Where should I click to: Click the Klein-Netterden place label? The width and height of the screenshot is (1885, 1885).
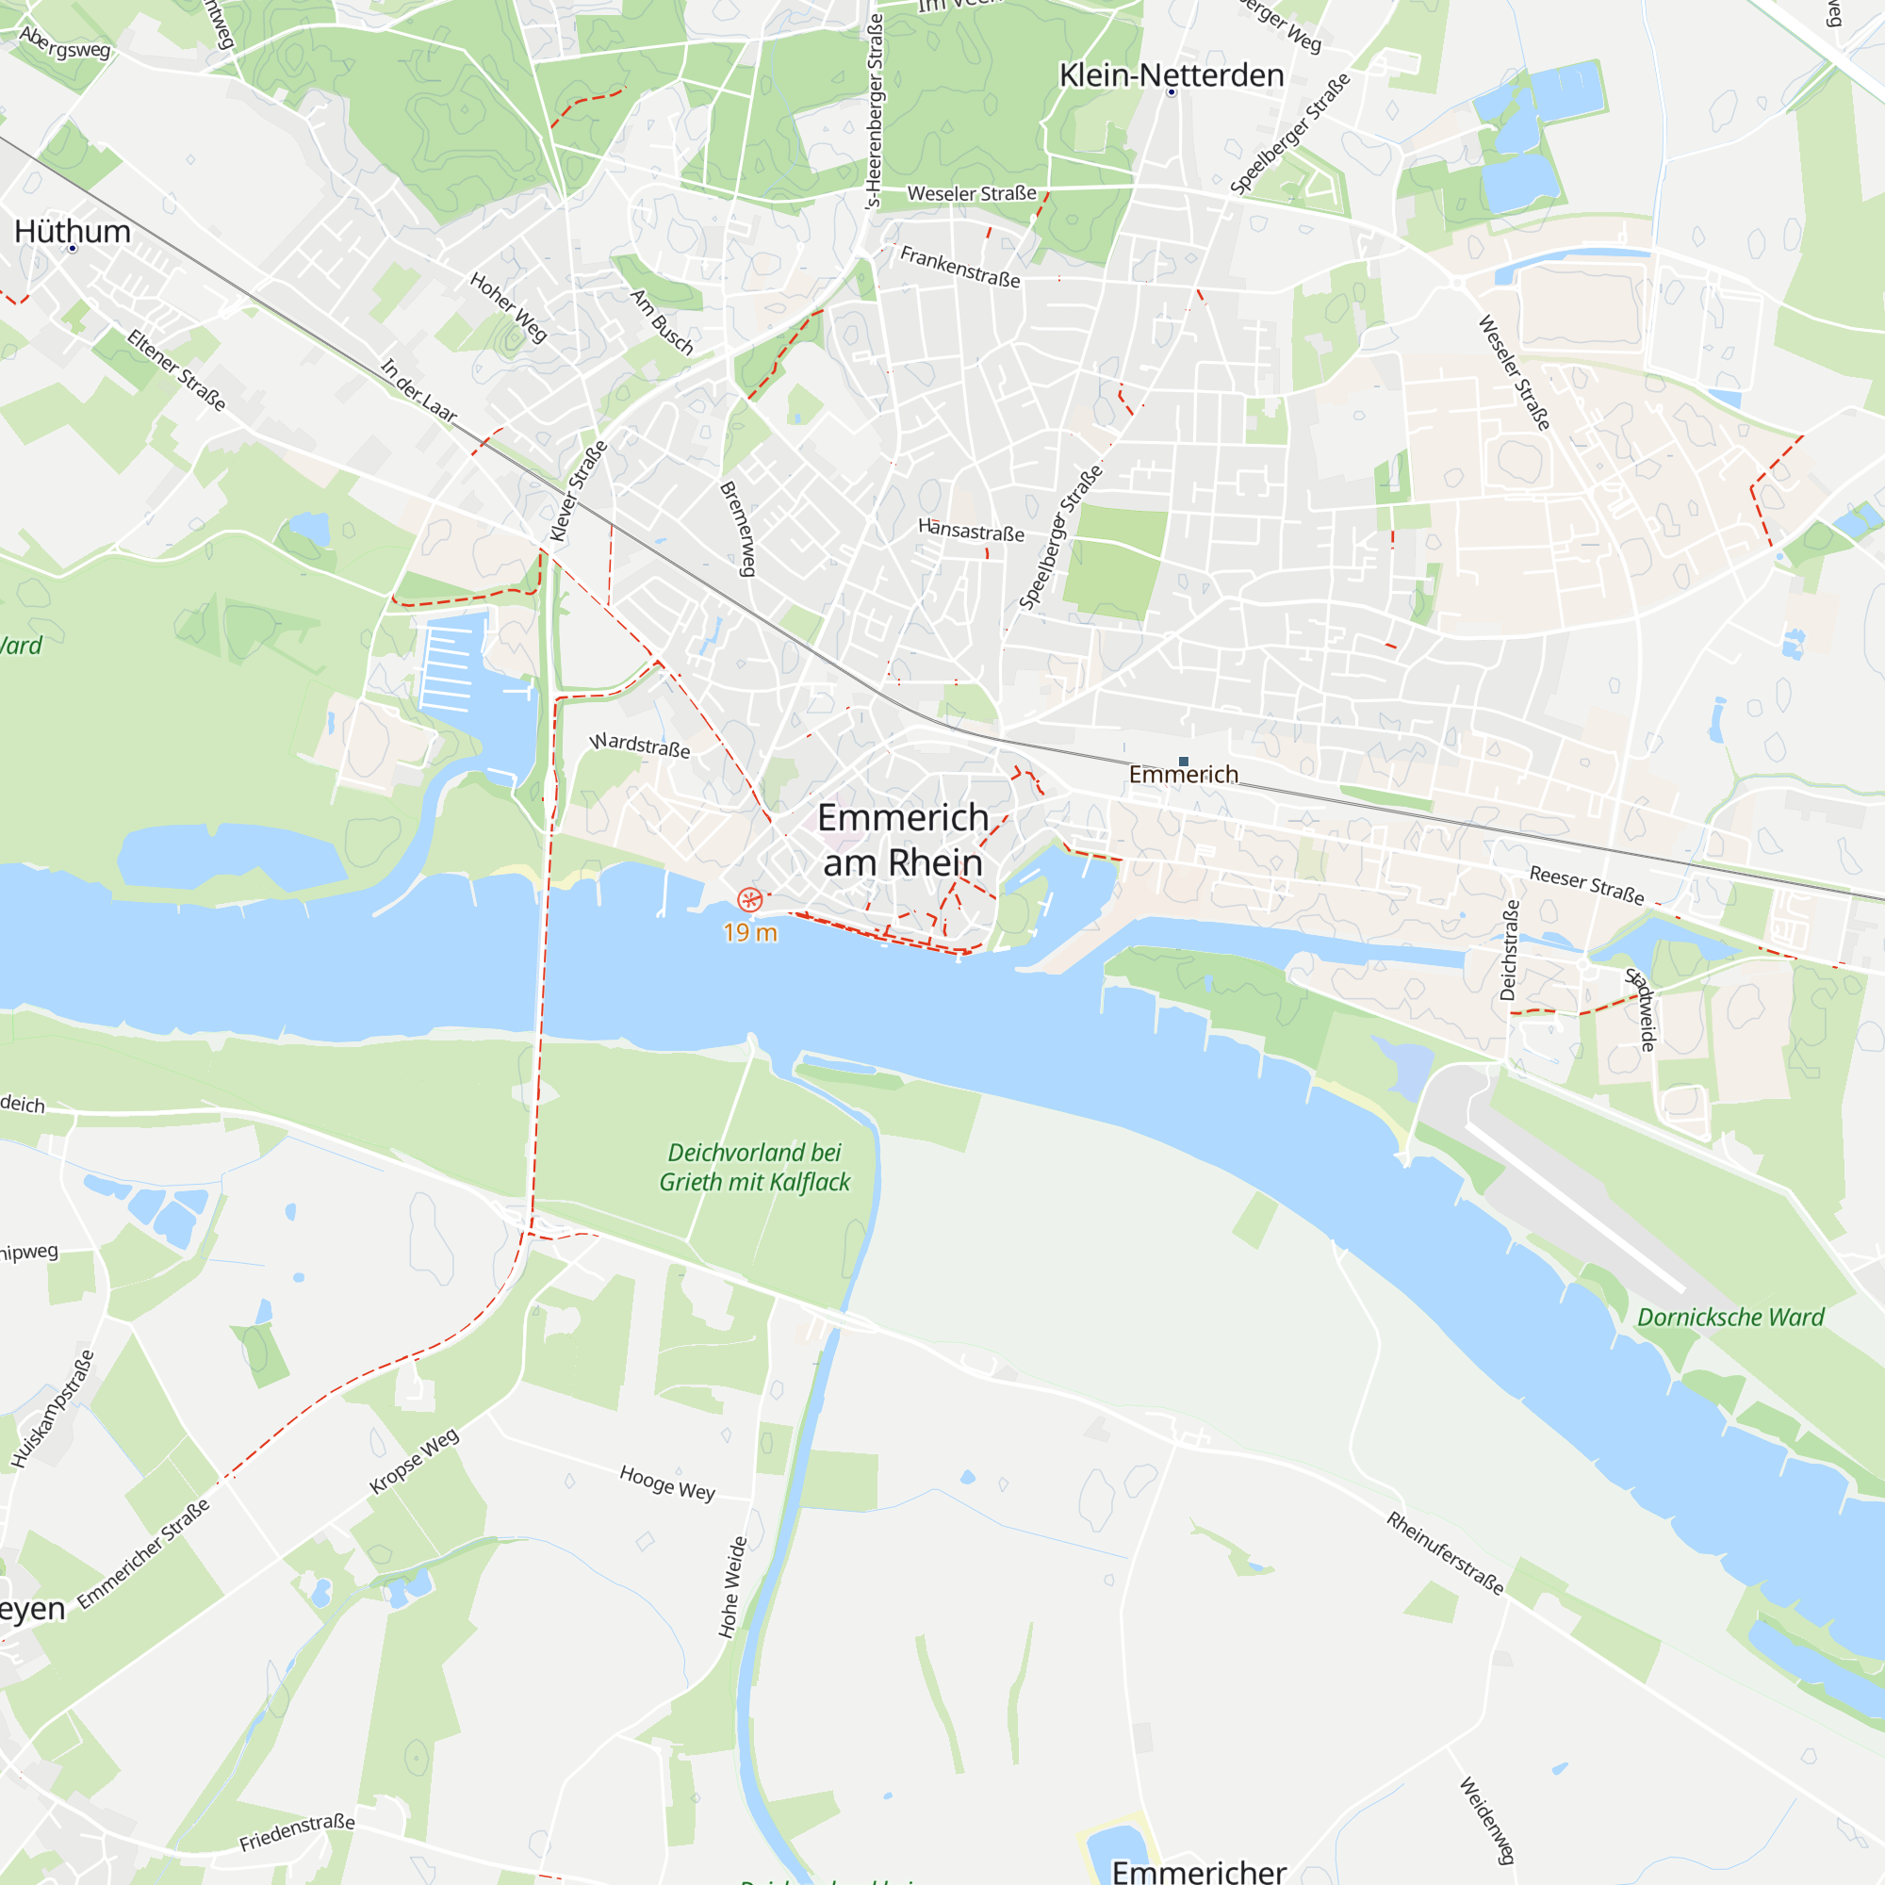click(x=1171, y=75)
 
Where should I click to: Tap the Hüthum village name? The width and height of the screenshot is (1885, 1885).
click(x=73, y=231)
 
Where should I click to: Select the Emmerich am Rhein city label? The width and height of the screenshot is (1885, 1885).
click(x=903, y=840)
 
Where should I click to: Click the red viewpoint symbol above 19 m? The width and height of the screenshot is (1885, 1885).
click(x=749, y=898)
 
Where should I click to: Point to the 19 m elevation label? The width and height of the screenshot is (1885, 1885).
click(x=750, y=934)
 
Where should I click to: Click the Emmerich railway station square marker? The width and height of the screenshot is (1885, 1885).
click(x=1184, y=761)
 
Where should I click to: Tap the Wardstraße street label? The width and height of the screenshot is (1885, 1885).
click(x=640, y=746)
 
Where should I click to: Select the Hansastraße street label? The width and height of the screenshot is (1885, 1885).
click(x=971, y=531)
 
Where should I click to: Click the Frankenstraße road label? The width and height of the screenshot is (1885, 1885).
click(x=960, y=267)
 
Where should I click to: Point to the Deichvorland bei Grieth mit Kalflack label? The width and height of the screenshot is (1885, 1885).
click(x=755, y=1167)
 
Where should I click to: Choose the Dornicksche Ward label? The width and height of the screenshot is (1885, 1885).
click(x=1729, y=1318)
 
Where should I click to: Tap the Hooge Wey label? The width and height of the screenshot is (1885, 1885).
click(x=667, y=1483)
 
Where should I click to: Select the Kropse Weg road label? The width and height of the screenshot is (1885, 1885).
click(x=414, y=1461)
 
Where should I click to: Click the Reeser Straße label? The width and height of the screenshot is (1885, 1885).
click(x=1586, y=884)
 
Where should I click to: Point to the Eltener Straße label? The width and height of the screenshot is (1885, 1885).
click(x=176, y=369)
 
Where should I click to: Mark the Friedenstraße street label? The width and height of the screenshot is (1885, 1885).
click(x=297, y=1831)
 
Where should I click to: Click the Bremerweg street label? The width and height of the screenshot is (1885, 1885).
click(x=740, y=528)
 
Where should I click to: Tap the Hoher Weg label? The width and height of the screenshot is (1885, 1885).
click(x=508, y=307)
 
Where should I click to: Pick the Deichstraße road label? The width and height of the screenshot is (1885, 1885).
click(x=1508, y=949)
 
